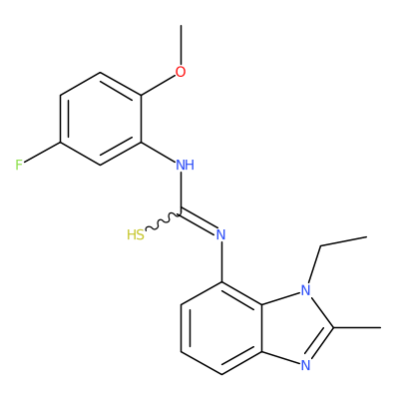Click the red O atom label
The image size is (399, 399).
point(181,72)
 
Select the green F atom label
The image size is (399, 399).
point(19,165)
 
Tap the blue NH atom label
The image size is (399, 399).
point(185,165)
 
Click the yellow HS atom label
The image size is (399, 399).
point(136,235)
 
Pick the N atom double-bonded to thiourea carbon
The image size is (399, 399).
point(220,235)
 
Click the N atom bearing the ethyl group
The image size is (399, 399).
point(305,291)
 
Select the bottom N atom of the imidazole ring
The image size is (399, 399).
point(305,365)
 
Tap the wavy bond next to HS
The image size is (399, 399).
point(163,222)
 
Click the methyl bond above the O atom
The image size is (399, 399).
point(181,45)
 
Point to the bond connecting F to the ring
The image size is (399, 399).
point(42,153)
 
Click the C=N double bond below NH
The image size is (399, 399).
point(199,222)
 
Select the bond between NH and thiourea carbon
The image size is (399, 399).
point(181,193)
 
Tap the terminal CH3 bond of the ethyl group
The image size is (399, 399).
point(343,241)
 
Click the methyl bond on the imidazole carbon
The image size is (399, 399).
point(357,328)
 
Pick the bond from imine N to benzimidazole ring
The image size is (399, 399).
point(221,262)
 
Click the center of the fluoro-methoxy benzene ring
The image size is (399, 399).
point(101,119)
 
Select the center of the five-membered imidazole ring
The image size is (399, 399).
point(293,328)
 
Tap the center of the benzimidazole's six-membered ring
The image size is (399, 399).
point(221,328)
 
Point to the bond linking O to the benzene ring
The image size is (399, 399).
point(159,86)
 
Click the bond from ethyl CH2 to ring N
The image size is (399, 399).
point(314,265)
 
